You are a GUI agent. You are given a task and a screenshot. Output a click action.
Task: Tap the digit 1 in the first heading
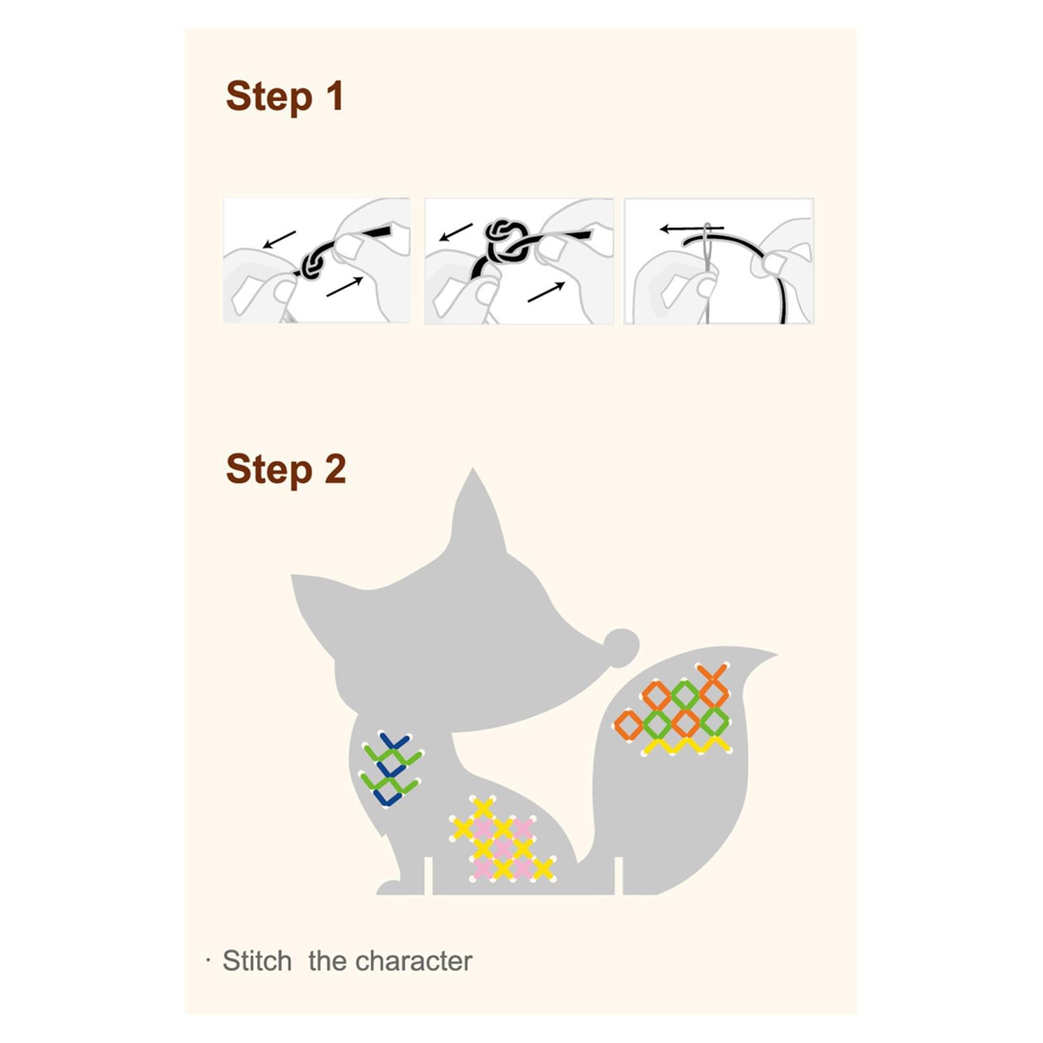click(x=335, y=95)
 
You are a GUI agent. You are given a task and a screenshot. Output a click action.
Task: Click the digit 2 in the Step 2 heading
click(x=335, y=469)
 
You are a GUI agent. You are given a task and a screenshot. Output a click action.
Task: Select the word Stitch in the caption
click(x=257, y=961)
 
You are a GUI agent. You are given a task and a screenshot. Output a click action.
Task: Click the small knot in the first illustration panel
click(x=312, y=264)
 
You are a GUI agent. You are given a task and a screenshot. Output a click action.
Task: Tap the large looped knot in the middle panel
click(x=508, y=239)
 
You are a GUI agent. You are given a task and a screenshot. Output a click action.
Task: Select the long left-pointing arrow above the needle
click(x=692, y=229)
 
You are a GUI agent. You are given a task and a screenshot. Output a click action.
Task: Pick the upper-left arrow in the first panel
click(x=279, y=239)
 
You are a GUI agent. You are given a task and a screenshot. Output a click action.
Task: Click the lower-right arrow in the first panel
click(x=345, y=286)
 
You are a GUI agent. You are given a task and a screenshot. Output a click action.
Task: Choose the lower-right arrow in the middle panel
click(x=546, y=291)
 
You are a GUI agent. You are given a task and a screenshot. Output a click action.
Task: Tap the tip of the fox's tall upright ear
click(x=473, y=469)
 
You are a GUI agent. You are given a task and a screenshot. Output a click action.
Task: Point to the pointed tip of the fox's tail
click(x=776, y=653)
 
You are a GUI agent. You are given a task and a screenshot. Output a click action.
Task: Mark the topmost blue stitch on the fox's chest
click(x=394, y=742)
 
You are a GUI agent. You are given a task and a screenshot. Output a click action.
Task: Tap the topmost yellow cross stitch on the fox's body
click(x=483, y=808)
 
